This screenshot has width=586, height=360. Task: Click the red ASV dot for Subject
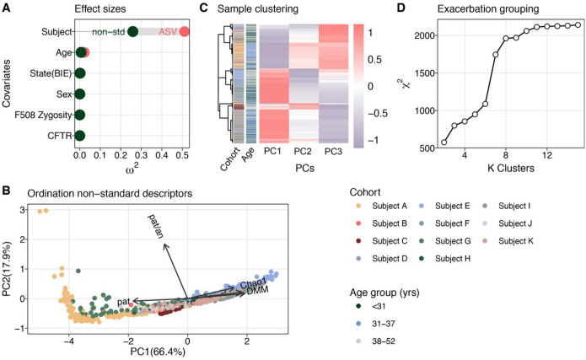184,32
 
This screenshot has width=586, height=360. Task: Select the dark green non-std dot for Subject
132,32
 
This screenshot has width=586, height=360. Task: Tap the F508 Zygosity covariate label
43,116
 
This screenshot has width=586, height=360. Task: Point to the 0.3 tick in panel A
141,155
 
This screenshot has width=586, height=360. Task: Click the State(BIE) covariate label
51,73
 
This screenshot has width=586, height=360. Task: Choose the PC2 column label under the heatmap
303,152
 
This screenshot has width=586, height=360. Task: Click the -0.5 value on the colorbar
375,113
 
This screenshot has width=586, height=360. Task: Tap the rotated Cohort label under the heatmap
229,159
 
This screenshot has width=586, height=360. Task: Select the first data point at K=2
444,142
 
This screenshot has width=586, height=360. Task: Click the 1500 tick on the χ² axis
425,73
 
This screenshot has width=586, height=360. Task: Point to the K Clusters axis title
511,169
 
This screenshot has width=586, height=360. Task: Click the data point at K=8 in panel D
506,38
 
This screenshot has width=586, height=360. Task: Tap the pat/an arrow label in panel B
156,226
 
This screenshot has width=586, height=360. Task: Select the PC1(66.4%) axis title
158,352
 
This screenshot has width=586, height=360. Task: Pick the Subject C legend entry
382,241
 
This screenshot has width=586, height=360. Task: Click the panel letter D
401,8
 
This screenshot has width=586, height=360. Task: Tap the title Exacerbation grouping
488,9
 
